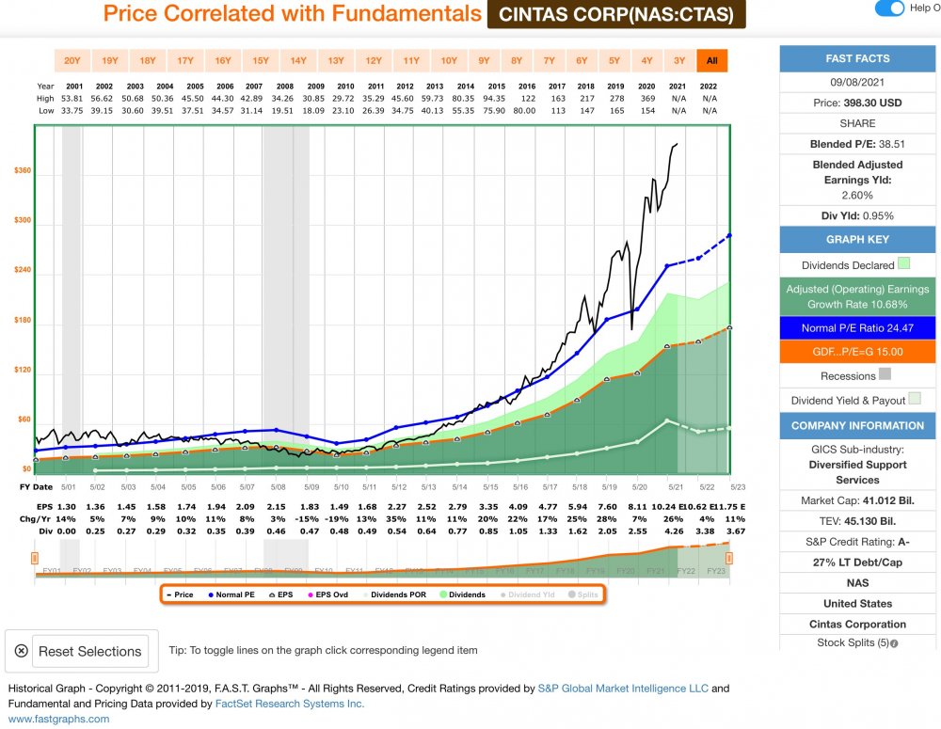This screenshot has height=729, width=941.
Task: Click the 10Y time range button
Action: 449,61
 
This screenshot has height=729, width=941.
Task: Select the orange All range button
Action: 712,61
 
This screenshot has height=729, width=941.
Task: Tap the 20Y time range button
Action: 72,61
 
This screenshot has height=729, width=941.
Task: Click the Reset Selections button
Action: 82,651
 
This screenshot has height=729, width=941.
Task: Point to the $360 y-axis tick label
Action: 23,171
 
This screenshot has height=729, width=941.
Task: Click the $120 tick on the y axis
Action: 23,370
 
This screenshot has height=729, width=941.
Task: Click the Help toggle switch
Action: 889,8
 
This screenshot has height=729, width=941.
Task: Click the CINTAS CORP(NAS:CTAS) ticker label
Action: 616,14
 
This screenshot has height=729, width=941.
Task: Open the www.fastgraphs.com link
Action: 58,719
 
